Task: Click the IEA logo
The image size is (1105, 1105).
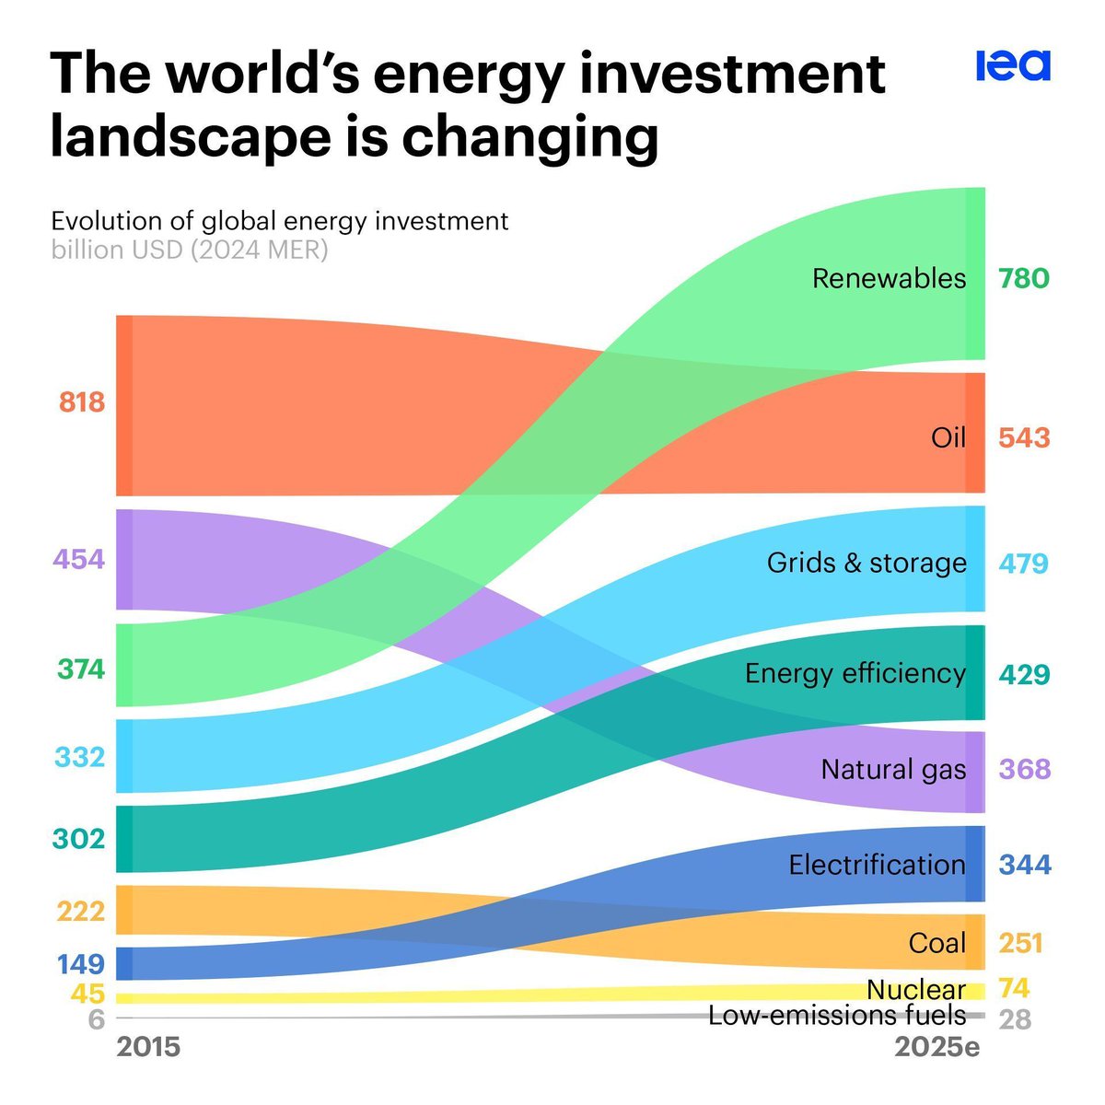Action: (1012, 66)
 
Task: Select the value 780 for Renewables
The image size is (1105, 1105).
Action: (1023, 278)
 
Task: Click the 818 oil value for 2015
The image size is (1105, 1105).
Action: (82, 402)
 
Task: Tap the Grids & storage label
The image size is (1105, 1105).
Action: (867, 563)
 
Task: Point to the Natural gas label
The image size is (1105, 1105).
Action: (893, 769)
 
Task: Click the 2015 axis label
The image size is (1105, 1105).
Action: (149, 1047)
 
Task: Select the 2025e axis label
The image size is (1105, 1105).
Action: (937, 1047)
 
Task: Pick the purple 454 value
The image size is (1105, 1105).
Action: (79, 560)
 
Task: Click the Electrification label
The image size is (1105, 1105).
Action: (877, 865)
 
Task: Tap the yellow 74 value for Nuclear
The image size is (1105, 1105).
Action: (1014, 988)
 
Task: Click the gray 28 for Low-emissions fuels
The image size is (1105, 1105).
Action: (1015, 1020)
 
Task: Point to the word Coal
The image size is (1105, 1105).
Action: (936, 943)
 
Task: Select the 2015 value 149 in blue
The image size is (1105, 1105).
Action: (81, 964)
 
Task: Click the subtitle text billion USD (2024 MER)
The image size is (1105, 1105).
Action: (190, 250)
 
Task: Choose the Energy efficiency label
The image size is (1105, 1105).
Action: (855, 673)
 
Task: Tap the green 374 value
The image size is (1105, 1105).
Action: (81, 669)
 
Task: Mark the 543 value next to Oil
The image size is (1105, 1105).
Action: (1024, 437)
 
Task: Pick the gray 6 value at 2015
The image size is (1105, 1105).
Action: (97, 1020)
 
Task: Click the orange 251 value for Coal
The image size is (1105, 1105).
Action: (1020, 943)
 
